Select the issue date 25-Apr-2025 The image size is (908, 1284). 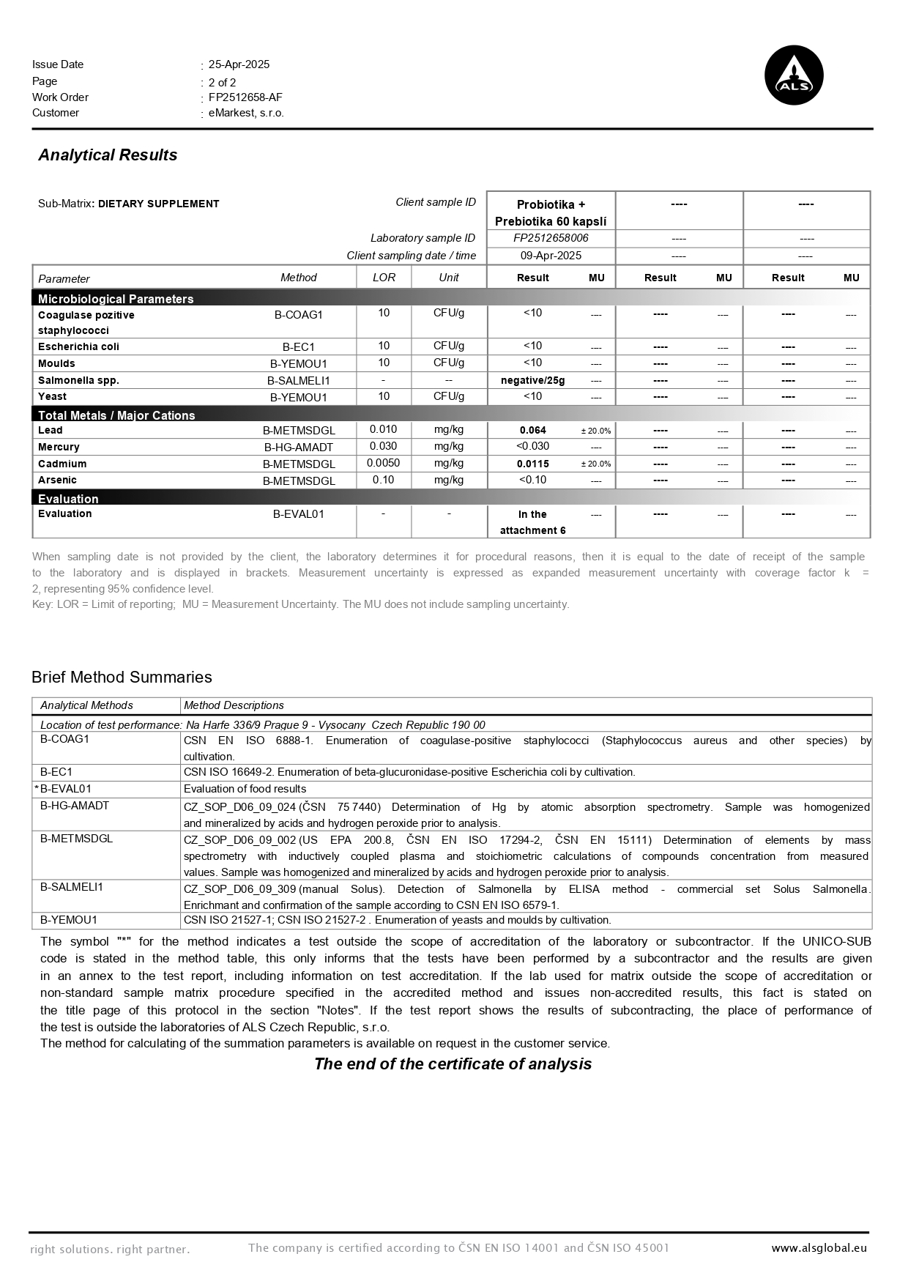coord(239,64)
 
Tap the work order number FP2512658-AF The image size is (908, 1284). coord(245,97)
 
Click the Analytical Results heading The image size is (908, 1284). coord(108,155)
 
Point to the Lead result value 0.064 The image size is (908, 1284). coord(532,431)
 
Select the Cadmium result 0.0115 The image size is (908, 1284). coord(532,464)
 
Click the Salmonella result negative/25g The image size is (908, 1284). coord(532,380)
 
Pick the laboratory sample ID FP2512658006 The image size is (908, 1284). coord(551,238)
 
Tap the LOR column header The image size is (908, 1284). coord(384,278)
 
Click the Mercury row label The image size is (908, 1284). coord(59,447)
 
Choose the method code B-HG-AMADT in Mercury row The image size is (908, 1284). coord(298,448)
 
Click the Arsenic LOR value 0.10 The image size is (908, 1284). coord(383,480)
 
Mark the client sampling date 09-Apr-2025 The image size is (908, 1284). coord(551,256)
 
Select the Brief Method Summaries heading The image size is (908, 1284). coord(122,677)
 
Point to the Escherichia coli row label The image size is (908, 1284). coord(78,346)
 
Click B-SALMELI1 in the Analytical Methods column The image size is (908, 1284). coord(71,887)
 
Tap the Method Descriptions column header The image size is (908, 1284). coord(234,705)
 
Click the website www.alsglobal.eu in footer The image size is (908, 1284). coord(819,1248)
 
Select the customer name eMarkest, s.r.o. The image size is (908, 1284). coord(246,113)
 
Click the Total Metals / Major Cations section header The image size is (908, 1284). coord(116,415)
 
